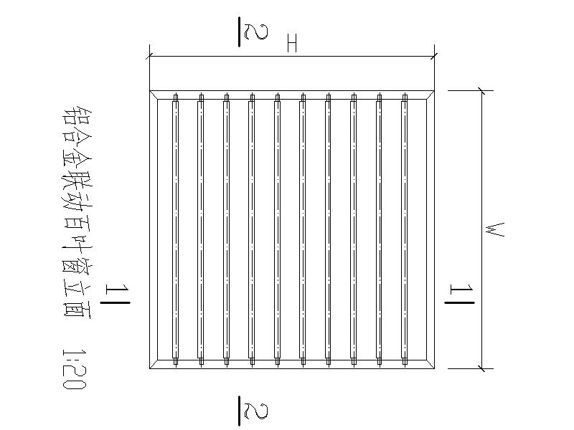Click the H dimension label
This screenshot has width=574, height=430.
[291, 44]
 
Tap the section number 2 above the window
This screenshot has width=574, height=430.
[251, 32]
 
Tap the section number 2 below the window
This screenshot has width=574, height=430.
[251, 410]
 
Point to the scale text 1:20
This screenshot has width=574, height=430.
[74, 369]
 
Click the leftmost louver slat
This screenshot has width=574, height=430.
[176, 229]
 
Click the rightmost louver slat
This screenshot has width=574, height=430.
[405, 229]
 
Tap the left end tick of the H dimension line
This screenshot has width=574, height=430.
[149, 55]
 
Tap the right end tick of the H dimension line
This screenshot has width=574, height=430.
[434, 55]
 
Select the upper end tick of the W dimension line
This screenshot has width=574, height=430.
[482, 90]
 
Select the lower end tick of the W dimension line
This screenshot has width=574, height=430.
[482, 369]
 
